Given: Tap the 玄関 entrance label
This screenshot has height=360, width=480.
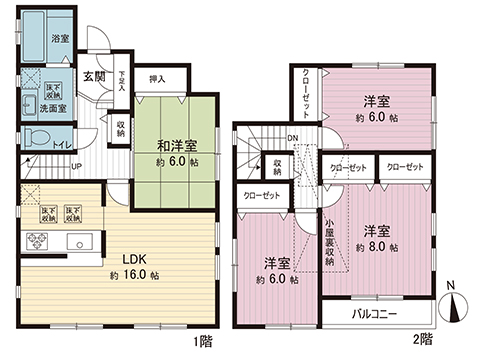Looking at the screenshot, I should click(x=94, y=77).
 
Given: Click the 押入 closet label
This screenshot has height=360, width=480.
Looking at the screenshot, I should click(x=157, y=78).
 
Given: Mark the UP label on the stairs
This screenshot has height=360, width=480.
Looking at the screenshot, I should click(x=76, y=166).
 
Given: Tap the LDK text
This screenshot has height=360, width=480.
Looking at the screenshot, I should click(x=136, y=258).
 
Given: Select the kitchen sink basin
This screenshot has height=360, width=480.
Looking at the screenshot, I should click(x=78, y=240).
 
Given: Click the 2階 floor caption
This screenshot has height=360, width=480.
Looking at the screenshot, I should click(x=422, y=341).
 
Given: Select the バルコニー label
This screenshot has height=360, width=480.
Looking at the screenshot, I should click(x=372, y=315).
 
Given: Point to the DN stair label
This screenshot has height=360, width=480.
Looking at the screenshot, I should click(x=292, y=139).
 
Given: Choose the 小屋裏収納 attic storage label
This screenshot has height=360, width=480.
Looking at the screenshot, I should click(x=329, y=247).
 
